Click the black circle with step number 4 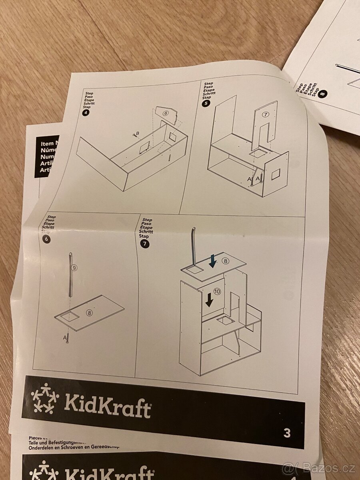tap(86, 112)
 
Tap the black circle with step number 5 tap(206, 103)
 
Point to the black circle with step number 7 tap(144, 242)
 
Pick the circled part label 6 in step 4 tap(166, 114)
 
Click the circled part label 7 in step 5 tap(265, 114)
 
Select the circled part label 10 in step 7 tap(216, 292)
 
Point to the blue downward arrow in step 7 tap(213, 262)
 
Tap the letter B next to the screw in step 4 tap(138, 133)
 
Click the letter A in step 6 tap(64, 337)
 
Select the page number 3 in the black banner tap(287, 433)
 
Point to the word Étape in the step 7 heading tap(147, 228)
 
